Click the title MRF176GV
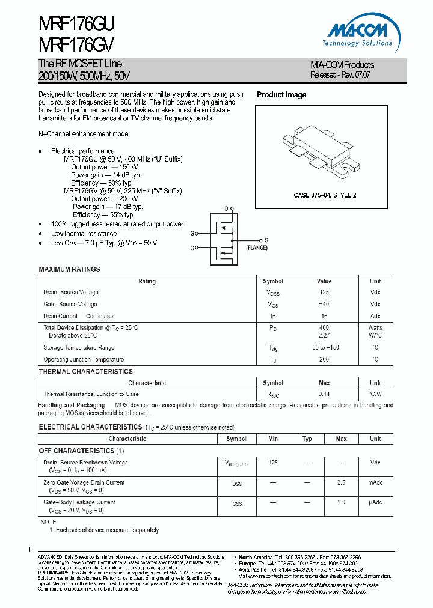pos(76,45)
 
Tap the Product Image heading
pos(281,95)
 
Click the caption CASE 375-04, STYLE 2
pos(325,196)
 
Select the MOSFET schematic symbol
pos(224,238)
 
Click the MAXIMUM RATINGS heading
pos(69,269)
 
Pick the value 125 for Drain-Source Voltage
pos(324,293)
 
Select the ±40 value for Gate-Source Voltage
pos(324,305)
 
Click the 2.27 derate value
pos(324,336)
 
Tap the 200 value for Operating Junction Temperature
pos(324,360)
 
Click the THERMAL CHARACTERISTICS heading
pos(85,372)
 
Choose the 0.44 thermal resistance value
pos(324,394)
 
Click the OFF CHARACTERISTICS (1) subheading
pos(82,451)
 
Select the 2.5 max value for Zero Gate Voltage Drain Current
pos(342,482)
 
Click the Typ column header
pos(307,439)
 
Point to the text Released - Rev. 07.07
pos(340,75)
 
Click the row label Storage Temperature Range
pos(79,348)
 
